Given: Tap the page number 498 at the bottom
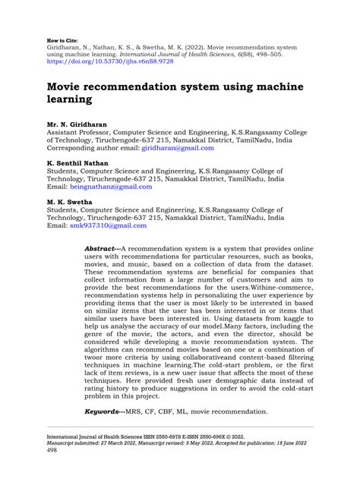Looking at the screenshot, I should point(52,451).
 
